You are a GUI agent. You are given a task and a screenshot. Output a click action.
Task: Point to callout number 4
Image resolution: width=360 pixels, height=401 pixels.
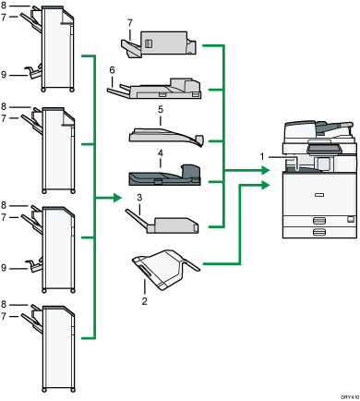[x=160, y=151]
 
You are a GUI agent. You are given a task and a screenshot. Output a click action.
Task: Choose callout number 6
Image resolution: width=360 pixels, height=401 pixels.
[x=112, y=69]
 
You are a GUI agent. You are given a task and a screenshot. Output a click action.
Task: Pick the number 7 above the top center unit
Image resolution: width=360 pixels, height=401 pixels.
[x=129, y=22]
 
